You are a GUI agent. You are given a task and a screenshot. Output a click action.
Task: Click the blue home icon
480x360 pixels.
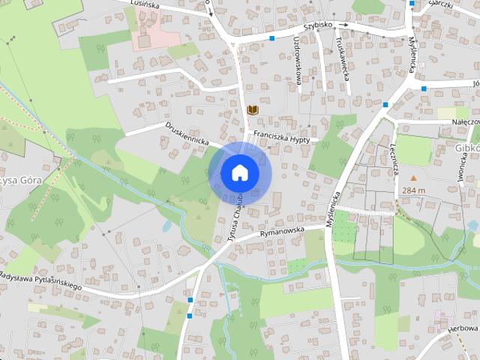[238, 172]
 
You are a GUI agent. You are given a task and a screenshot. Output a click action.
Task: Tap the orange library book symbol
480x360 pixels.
[253, 110]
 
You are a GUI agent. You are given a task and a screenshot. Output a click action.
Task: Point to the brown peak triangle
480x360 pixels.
[412, 178]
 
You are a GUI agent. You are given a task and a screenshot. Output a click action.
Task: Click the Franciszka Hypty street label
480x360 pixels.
[281, 136]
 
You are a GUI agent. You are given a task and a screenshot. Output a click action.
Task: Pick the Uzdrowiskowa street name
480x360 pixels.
[298, 60]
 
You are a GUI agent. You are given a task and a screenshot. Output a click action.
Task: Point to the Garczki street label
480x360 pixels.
[440, 4]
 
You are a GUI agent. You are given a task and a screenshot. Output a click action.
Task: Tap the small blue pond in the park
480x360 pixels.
[166, 224]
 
